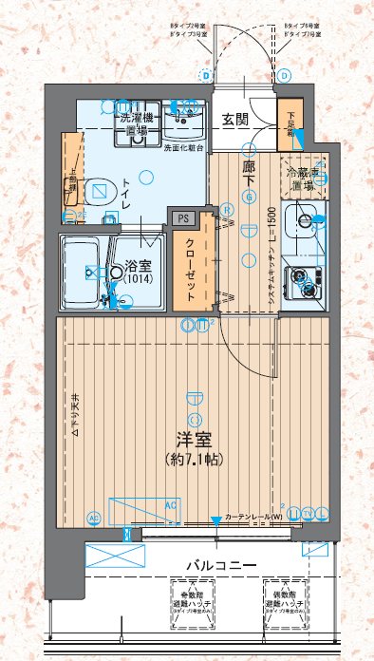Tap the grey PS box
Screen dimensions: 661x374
181,217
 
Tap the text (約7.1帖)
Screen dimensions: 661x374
194,459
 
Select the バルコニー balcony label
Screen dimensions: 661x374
220,565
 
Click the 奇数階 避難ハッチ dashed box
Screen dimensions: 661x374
194,598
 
